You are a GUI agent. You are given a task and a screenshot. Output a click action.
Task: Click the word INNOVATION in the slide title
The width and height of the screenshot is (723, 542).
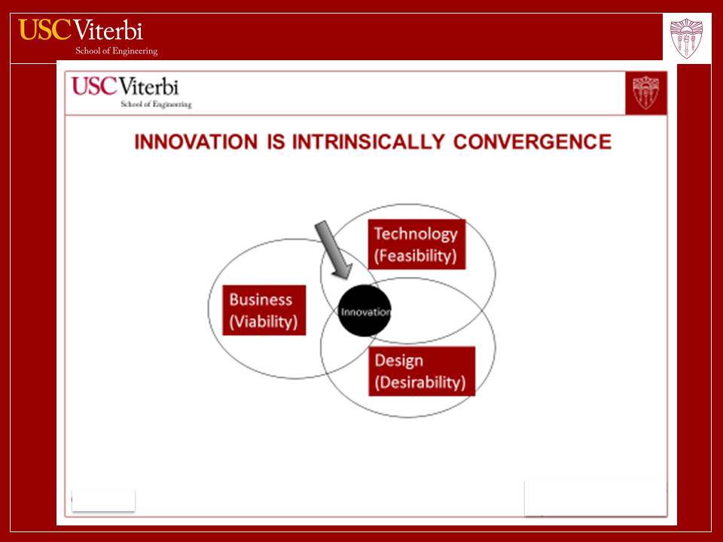pyautogui.click(x=196, y=142)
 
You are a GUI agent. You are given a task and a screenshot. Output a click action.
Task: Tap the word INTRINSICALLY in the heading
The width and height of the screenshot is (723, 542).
pyautogui.click(x=368, y=142)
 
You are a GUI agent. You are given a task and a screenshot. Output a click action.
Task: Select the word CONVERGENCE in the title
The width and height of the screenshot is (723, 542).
pyautogui.click(x=532, y=142)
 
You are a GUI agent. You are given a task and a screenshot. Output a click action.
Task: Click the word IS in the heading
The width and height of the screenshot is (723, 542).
pyautogui.click(x=276, y=142)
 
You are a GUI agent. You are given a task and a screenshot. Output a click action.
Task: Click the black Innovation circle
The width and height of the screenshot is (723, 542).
pyautogui.click(x=365, y=311)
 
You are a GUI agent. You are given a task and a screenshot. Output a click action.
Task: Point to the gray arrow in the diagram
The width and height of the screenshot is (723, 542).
pyautogui.click(x=334, y=249)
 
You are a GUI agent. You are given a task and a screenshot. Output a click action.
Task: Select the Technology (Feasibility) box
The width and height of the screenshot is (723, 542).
pyautogui.click(x=416, y=244)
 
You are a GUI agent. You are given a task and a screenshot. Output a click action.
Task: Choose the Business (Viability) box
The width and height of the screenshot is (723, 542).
pyautogui.click(x=264, y=310)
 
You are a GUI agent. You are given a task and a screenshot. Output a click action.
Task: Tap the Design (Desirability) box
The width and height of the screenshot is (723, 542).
pyautogui.click(x=422, y=371)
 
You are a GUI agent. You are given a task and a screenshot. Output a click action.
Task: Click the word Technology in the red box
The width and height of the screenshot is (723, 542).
pyautogui.click(x=416, y=233)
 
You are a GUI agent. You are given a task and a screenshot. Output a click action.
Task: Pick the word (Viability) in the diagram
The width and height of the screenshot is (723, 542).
pyautogui.click(x=264, y=321)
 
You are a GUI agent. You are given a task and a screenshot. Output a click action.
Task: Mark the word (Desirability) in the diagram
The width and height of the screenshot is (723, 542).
pyautogui.click(x=420, y=382)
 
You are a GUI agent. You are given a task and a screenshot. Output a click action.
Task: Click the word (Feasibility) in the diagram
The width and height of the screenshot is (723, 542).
pyautogui.click(x=416, y=256)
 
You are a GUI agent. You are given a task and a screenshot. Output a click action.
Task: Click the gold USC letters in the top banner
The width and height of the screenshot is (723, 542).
pyautogui.click(x=44, y=29)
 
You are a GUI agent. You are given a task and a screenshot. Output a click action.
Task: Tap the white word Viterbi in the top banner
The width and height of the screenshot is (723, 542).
pyautogui.click(x=108, y=30)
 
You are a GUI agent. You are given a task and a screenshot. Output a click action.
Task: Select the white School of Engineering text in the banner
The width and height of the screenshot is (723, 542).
pyautogui.click(x=117, y=50)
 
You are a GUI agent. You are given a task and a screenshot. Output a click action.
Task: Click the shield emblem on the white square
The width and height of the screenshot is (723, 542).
pyautogui.click(x=687, y=38)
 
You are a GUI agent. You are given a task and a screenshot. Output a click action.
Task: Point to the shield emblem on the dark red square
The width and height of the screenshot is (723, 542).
pyautogui.click(x=646, y=93)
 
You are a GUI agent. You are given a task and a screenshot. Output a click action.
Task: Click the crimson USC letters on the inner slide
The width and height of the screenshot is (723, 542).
pyautogui.click(x=95, y=86)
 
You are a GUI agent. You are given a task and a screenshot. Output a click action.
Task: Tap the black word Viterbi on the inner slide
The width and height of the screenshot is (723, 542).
pyautogui.click(x=148, y=87)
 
